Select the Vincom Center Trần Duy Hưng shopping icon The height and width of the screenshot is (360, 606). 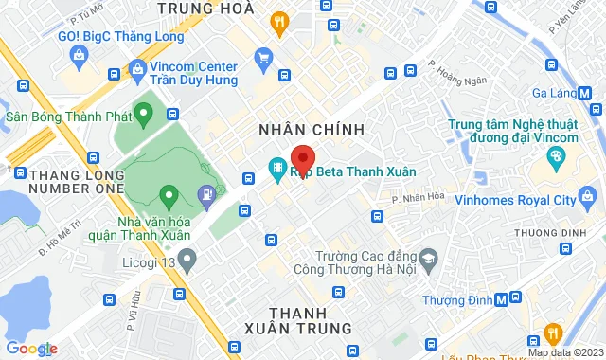137,68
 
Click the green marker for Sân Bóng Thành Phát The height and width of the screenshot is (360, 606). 143,117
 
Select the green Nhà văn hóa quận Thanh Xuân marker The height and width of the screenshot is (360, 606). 169,198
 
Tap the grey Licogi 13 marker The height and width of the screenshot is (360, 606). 187,257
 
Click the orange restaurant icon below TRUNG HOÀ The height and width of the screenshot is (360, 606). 278,23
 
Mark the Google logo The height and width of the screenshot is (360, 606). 30,348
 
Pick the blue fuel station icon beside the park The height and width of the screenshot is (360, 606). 205,195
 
